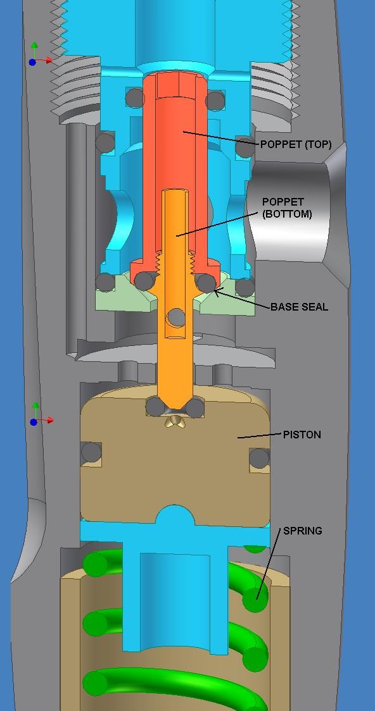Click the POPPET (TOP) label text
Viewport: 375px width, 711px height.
point(296,145)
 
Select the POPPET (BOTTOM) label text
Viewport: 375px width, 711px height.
point(287,207)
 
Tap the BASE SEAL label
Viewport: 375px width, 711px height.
point(299,307)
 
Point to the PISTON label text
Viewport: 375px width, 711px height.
point(302,435)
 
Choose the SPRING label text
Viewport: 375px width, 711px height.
point(303,531)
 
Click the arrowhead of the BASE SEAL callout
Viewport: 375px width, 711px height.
point(217,292)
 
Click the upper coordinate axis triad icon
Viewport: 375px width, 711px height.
point(40,54)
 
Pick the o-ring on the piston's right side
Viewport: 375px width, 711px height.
point(259,458)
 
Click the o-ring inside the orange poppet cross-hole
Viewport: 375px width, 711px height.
point(175,318)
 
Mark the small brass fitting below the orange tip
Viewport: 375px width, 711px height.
point(174,421)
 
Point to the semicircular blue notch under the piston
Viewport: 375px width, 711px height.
point(175,516)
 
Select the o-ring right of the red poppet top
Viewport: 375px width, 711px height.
point(215,100)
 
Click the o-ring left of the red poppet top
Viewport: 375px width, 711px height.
point(136,98)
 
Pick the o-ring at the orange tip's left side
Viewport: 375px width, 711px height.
point(155,406)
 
